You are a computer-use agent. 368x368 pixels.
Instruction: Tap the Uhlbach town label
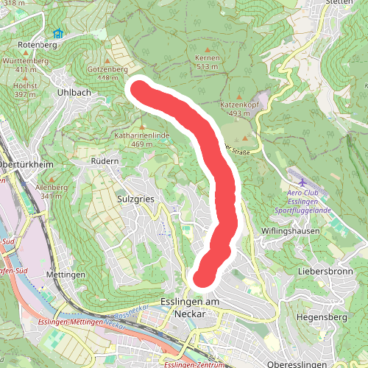click(x=74, y=93)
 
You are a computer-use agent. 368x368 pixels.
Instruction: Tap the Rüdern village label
click(x=105, y=161)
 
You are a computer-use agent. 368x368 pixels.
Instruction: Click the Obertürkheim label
click(x=26, y=164)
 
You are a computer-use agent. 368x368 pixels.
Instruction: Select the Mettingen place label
click(x=66, y=275)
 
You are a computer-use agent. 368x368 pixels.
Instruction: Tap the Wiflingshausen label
click(x=291, y=230)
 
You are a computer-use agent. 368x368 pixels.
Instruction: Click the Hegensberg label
click(x=320, y=317)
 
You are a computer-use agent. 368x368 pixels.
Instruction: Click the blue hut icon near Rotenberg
click(x=57, y=32)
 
